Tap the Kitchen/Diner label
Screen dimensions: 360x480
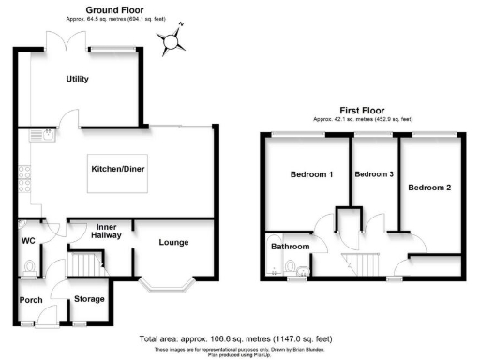click(x=117, y=169)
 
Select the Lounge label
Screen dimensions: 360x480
click(x=173, y=243)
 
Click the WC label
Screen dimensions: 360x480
click(x=28, y=239)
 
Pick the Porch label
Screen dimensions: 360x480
click(x=32, y=300)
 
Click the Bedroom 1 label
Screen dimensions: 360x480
click(x=311, y=174)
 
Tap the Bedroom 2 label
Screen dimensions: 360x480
click(x=429, y=187)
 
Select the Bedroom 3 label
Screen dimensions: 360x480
click(x=374, y=174)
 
